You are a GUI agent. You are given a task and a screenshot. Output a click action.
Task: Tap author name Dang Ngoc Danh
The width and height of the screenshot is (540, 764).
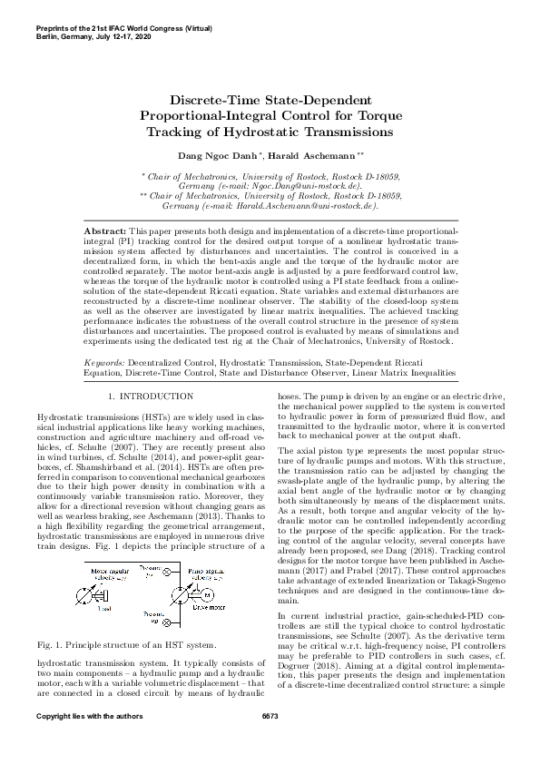pos(215,156)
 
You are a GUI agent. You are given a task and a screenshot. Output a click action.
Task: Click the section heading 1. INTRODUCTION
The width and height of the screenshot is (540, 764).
pos(150,397)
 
